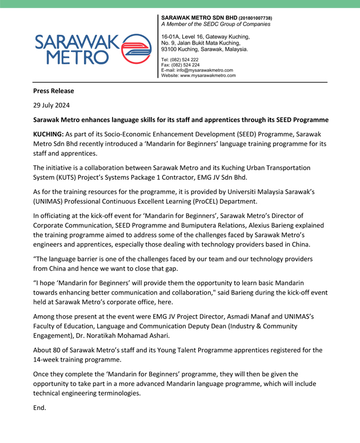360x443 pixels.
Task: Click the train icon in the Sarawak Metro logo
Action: point(136,47)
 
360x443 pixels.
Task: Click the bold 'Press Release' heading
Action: point(53,91)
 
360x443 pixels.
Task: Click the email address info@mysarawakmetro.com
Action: point(205,70)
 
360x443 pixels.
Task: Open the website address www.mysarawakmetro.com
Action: point(208,75)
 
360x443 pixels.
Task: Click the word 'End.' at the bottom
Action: point(40,409)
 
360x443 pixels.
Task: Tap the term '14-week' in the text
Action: point(50,361)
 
